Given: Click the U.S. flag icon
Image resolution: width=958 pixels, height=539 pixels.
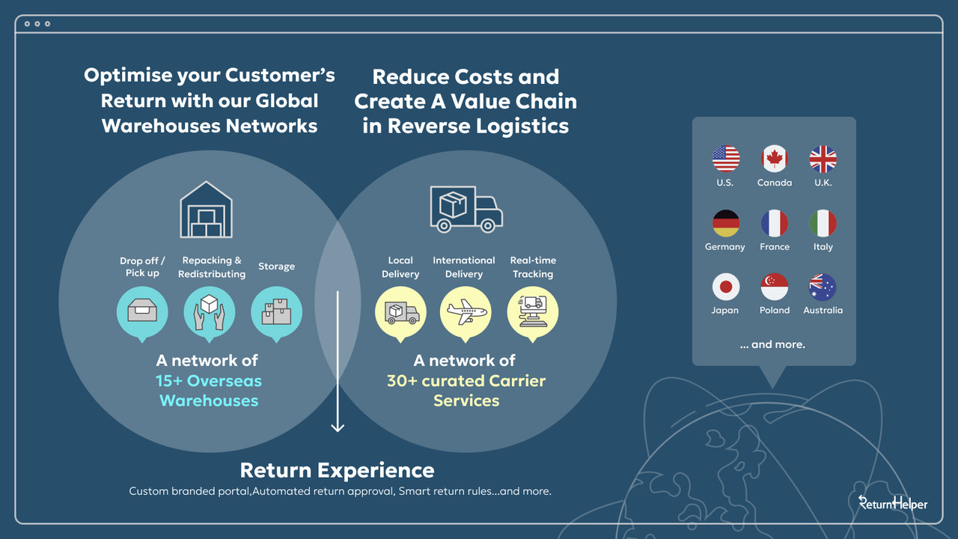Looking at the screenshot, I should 725,159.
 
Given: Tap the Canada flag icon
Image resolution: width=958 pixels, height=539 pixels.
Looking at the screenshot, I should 775,159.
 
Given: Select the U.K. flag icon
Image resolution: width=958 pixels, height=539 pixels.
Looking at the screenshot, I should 823,159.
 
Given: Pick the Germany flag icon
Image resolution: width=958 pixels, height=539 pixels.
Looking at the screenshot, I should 725,223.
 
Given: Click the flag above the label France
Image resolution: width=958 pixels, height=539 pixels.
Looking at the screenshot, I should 775,223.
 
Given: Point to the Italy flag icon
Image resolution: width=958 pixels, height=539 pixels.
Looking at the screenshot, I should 823,223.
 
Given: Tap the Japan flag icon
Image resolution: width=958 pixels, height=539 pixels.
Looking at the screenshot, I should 725,287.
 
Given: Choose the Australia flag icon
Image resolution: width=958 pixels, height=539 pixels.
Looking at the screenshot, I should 823,287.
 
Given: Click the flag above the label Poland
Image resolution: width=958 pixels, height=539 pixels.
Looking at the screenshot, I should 775,287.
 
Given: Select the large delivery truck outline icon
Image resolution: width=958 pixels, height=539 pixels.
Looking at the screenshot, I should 466,209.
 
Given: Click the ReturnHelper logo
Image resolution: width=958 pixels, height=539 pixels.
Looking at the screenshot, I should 892,503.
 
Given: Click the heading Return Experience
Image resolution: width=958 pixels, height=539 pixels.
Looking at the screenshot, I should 337,470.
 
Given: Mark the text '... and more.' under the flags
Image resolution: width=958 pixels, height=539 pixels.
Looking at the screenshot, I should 772,344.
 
